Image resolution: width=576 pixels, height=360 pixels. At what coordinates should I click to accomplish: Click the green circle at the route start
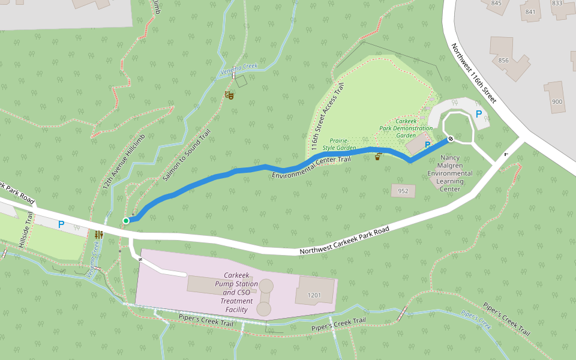coord(126,221)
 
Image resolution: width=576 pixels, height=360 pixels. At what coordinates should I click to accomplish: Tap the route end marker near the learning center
coord(451,139)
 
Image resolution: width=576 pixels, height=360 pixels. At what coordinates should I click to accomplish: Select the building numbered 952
coord(403,191)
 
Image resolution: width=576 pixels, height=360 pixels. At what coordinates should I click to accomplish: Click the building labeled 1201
coord(314,295)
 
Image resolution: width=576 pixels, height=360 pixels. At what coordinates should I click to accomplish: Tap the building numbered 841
coord(530,11)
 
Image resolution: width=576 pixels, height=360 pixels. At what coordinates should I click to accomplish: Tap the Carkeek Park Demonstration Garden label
coord(406,128)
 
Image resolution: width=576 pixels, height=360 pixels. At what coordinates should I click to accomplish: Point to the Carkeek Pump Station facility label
coord(236,292)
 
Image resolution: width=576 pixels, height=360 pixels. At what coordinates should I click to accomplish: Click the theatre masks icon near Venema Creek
coord(229,95)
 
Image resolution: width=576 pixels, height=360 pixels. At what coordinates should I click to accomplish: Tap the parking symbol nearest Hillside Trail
coord(61,224)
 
